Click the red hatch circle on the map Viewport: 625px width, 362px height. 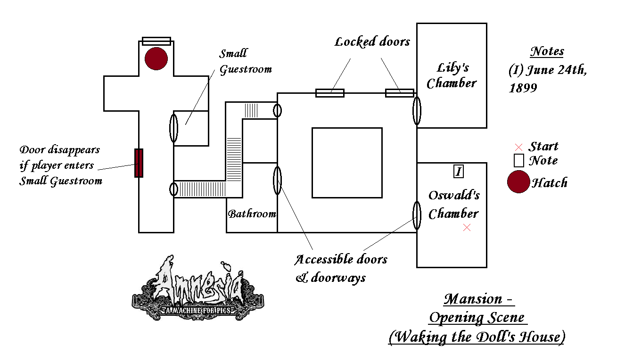[x=156, y=59]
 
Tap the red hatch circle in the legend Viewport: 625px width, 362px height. [x=518, y=182]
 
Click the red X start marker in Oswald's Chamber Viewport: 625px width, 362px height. [x=467, y=227]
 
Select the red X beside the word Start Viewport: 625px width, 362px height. [x=519, y=147]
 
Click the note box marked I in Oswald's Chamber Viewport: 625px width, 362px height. [x=458, y=172]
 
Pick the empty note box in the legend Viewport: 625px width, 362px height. [x=519, y=160]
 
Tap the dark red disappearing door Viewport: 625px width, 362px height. [x=139, y=163]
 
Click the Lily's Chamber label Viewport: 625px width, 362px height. [x=452, y=75]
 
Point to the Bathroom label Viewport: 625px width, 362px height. [x=252, y=214]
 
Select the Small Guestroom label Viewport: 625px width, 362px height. [x=246, y=61]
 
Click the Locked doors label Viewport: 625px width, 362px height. [x=372, y=42]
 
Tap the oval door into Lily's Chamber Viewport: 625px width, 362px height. [x=417, y=111]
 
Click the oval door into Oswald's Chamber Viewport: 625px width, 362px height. [x=417, y=215]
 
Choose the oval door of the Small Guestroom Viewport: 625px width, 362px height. [x=174, y=128]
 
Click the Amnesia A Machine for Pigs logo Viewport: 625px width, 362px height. [x=198, y=290]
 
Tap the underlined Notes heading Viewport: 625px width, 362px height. [x=547, y=51]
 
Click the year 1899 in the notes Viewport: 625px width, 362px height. [x=523, y=88]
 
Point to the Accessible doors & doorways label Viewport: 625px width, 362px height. [x=341, y=268]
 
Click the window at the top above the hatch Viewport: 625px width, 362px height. [x=156, y=41]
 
